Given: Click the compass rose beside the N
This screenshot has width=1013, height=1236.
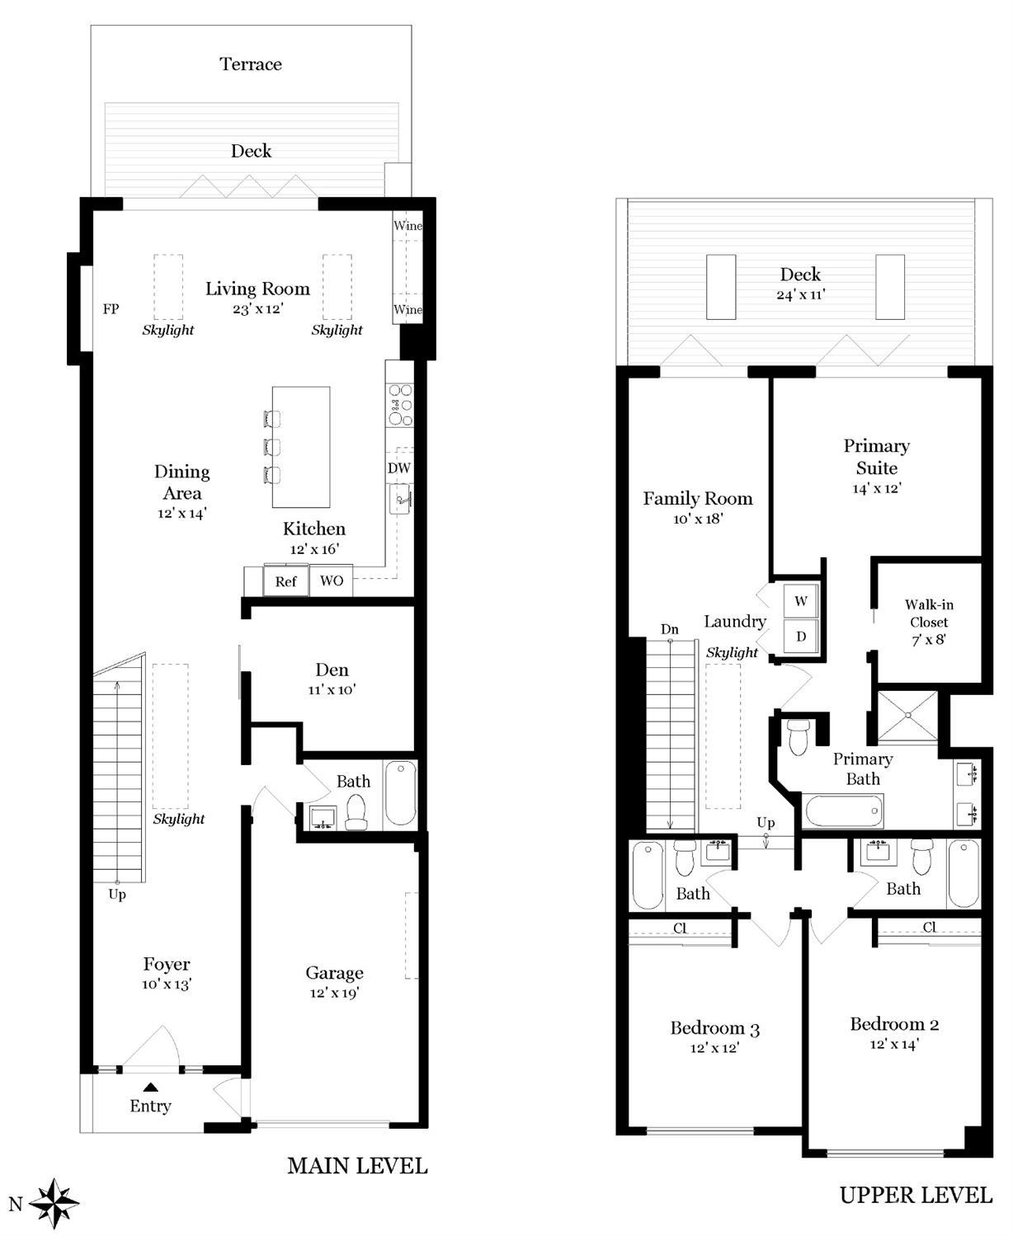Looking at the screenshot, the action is click(x=54, y=1204).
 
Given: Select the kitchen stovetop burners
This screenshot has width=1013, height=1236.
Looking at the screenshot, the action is click(x=400, y=404).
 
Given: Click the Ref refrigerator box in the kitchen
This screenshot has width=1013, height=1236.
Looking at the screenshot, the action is click(x=286, y=580).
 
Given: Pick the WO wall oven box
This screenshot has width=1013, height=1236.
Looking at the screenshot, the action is click(x=332, y=580).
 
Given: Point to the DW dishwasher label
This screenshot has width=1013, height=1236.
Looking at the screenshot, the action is click(x=398, y=468).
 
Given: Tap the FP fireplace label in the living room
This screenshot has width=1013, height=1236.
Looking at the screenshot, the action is click(x=111, y=309).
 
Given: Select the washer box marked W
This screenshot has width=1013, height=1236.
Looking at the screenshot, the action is click(x=801, y=601).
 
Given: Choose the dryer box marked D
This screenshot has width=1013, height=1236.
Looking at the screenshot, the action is click(x=801, y=637).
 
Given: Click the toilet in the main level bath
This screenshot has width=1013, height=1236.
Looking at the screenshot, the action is click(x=356, y=811).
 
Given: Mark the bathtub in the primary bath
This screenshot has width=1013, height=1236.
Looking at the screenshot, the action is click(x=842, y=811).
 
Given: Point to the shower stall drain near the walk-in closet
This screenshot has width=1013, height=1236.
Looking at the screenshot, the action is click(x=907, y=715).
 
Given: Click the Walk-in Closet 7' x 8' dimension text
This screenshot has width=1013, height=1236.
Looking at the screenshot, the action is click(x=929, y=639).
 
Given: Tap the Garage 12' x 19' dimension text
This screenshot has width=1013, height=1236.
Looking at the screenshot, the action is click(x=334, y=993).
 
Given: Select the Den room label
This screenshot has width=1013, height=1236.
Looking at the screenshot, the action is click(x=332, y=670).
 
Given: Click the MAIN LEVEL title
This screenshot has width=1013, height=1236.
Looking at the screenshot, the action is click(x=357, y=1166).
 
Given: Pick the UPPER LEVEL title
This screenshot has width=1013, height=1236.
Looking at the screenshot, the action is click(x=916, y=1195).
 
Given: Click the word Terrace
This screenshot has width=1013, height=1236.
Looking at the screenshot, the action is click(x=251, y=63).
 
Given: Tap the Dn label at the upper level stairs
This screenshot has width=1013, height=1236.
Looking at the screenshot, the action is click(x=670, y=629).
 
